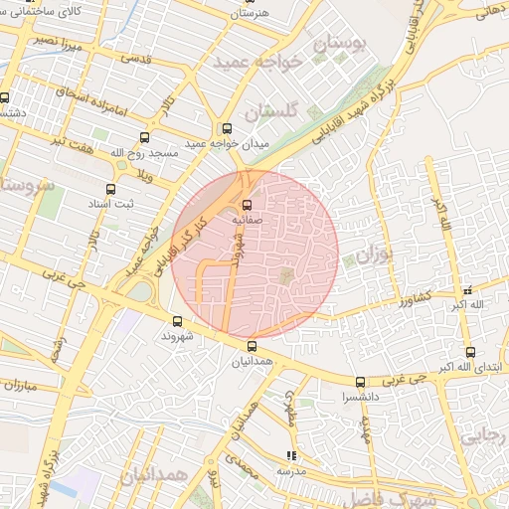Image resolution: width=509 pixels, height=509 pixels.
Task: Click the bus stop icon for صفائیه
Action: tap(247, 205)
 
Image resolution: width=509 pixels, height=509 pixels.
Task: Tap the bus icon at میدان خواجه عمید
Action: tap(227, 128)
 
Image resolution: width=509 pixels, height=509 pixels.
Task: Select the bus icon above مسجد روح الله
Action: tap(145, 138)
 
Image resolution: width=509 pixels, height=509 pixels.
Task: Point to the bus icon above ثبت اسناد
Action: tap(109, 187)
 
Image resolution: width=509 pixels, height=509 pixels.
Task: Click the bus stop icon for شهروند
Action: tap(177, 321)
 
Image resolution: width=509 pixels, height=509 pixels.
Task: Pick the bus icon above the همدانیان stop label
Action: tap(251, 346)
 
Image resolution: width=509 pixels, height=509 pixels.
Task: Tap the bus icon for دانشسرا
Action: tap(360, 382)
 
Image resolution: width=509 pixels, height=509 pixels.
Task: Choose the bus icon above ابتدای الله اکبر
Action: tap(470, 351)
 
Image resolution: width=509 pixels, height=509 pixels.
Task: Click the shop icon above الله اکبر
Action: tap(467, 290)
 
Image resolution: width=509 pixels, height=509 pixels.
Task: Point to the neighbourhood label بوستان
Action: tap(339, 44)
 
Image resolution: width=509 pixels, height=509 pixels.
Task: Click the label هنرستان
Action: tap(250, 14)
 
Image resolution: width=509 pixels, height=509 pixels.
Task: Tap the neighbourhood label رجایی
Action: tap(487, 434)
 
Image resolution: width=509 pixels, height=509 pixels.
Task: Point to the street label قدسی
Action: tap(135, 59)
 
